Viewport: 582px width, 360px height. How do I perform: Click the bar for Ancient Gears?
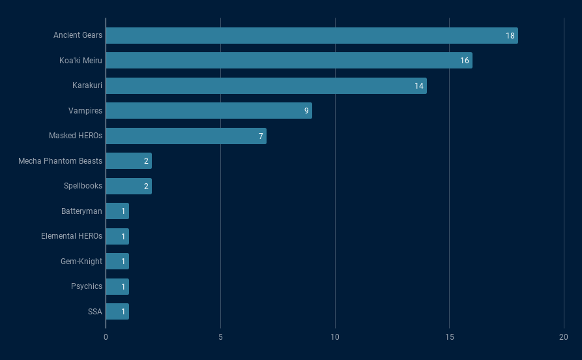click(x=312, y=35)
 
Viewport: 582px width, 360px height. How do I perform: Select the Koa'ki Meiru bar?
click(x=289, y=61)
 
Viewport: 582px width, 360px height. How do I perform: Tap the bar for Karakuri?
click(x=266, y=85)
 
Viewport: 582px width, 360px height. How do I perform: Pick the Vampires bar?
click(x=209, y=111)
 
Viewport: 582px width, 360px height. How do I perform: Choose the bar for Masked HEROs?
click(x=186, y=136)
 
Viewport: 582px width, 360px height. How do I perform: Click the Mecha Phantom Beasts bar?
click(x=128, y=161)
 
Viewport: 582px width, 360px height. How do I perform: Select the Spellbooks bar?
click(x=128, y=186)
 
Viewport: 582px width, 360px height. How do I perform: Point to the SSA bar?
click(x=117, y=312)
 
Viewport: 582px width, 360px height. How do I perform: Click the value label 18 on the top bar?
click(x=510, y=35)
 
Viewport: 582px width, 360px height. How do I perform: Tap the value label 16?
click(x=465, y=61)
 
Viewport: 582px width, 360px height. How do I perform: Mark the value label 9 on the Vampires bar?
click(x=306, y=111)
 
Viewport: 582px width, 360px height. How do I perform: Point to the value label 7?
click(x=261, y=136)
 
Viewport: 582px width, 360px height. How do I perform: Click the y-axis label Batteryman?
click(x=81, y=211)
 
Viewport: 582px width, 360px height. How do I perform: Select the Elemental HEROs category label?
click(x=72, y=236)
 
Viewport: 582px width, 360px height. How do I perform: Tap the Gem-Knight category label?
click(x=81, y=262)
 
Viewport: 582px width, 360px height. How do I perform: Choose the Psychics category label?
click(x=87, y=286)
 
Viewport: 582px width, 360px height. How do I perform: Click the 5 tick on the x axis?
click(x=220, y=337)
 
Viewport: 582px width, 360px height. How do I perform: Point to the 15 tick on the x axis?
click(x=449, y=337)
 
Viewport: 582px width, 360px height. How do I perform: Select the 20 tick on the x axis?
click(x=564, y=337)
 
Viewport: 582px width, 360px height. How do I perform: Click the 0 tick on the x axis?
click(x=106, y=337)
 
